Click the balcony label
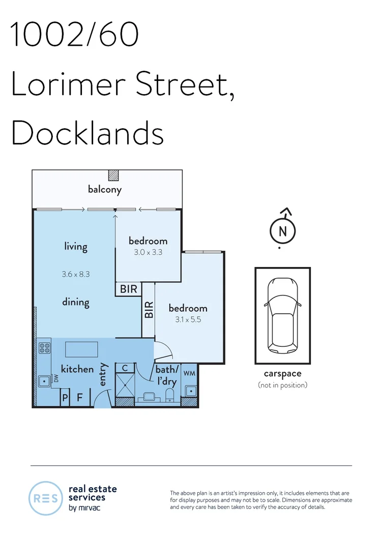(105, 190)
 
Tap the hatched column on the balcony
(113, 175)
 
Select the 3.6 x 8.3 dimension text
(76, 274)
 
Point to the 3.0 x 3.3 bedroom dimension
(148, 252)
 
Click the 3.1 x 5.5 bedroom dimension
(188, 320)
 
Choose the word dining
(76, 302)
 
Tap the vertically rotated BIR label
(149, 310)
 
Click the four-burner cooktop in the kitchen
(44, 349)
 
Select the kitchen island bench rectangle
(81, 350)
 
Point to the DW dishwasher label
(56, 378)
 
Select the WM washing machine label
(189, 374)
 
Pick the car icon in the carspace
(282, 317)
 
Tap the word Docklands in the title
(87, 133)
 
